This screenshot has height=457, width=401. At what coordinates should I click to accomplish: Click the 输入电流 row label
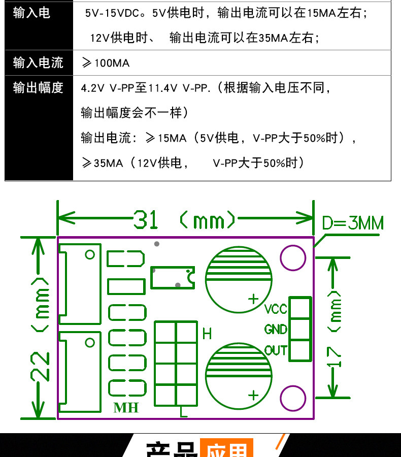point(38,62)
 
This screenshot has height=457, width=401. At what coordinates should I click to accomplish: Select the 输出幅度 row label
point(38,87)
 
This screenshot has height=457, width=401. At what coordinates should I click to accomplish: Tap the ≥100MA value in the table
point(106,63)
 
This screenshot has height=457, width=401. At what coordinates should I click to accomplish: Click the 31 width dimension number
point(146,220)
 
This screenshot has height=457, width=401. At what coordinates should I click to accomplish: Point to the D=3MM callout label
point(353,223)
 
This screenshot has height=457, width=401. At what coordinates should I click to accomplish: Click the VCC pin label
point(276,309)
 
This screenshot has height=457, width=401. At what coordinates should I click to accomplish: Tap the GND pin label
point(276,330)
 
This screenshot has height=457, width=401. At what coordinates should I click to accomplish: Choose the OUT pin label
point(276,350)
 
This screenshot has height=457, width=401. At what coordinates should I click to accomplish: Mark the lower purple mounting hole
point(293,398)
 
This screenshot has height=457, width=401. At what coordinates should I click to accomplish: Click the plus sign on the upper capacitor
point(253,299)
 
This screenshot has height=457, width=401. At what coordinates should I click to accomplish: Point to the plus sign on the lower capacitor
point(253,395)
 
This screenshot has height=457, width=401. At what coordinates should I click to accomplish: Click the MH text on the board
point(126,408)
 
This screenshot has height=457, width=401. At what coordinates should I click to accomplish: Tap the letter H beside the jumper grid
point(207,334)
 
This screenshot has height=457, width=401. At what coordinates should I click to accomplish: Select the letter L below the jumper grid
point(184,412)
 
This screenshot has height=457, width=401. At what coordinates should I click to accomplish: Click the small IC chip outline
point(173,277)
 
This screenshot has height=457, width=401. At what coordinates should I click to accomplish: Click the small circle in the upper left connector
point(90,254)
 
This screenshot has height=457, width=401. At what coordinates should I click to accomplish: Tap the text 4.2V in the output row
point(92,88)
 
